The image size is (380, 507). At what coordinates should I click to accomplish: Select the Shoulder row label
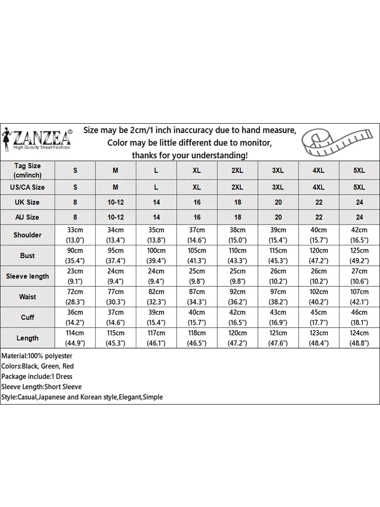(27, 235)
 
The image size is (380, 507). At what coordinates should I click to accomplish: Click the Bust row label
(27, 256)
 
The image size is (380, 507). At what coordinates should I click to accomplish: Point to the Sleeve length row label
(27, 276)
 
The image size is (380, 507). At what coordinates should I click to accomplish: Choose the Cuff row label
(27, 317)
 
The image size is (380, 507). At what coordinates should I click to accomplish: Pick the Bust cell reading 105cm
(197, 256)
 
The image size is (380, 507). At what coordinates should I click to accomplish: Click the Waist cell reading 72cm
(75, 297)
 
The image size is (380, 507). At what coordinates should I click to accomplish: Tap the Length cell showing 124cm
(359, 338)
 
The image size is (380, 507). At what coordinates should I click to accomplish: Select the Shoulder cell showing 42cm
(359, 235)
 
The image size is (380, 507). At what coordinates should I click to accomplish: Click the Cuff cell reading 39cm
(156, 317)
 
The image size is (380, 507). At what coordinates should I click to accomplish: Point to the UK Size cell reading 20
(278, 202)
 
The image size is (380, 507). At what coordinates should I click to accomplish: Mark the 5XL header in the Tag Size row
(359, 170)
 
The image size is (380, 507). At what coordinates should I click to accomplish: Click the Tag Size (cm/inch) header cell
(27, 170)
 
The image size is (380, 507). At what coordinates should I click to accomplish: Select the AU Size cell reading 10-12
(116, 217)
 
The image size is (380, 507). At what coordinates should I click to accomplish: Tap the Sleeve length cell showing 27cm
(359, 276)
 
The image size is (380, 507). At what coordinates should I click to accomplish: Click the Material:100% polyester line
(37, 356)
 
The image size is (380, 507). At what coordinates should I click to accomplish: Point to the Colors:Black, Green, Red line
(37, 366)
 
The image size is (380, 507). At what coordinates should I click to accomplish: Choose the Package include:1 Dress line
(37, 376)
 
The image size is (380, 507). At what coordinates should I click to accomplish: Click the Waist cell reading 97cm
(278, 297)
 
